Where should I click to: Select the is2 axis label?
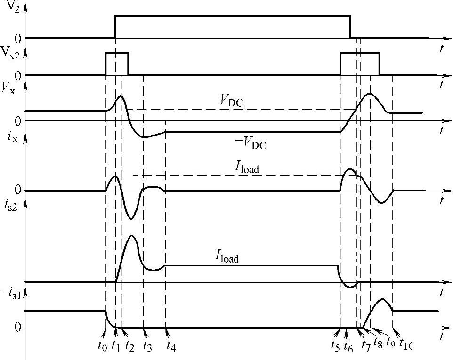[x=9, y=206]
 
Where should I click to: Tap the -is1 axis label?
[x=10, y=292]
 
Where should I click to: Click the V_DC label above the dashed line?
[x=232, y=100]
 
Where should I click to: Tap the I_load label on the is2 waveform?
[x=227, y=257]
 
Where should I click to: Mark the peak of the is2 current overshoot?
[x=131, y=235]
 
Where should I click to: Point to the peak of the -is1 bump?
[x=383, y=299]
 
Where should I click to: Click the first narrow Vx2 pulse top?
[x=117, y=53]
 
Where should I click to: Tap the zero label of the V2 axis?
[x=17, y=38]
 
